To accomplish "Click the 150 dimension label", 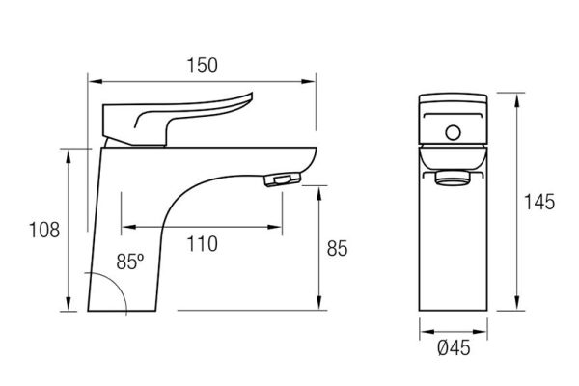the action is tap(203, 66).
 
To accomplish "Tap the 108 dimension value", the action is tap(44, 230).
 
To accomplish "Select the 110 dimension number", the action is tap(202, 244).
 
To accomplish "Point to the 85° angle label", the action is tap(130, 262).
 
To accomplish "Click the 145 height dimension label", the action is tap(539, 202).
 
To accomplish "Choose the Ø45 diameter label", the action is tap(454, 347).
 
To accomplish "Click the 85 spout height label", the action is tap(337, 248).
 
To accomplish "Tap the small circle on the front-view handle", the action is tap(454, 132).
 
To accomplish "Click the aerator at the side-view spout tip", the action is tap(283, 179).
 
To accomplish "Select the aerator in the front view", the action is tap(454, 177).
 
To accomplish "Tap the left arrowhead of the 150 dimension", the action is tap(96, 81).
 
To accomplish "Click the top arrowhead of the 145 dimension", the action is tap(517, 100).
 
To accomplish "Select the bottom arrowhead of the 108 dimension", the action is tap(69, 304).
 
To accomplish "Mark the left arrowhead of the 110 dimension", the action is tap(128, 227).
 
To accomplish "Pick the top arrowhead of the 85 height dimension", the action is tap(319, 193).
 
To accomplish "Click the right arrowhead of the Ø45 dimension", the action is tap(480, 332).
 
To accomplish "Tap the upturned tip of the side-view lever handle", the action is tap(250, 96).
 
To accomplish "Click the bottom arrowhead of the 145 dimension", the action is tap(517, 303).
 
